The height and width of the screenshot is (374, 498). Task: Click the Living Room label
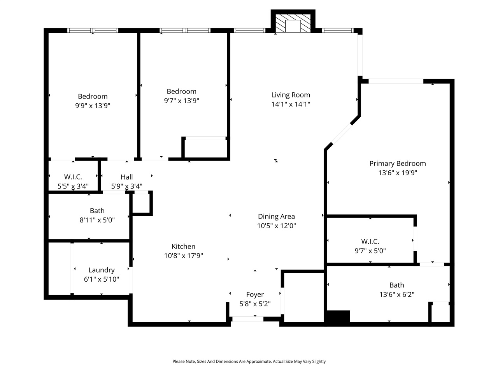(x=291, y=95)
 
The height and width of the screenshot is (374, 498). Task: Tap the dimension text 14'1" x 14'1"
(x=291, y=104)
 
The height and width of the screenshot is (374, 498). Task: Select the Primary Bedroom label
(x=397, y=164)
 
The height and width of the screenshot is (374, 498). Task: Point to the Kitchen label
(x=183, y=247)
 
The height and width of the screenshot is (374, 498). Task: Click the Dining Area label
(x=276, y=217)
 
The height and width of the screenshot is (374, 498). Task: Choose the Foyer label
(x=255, y=295)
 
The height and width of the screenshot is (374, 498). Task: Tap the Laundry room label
(x=101, y=270)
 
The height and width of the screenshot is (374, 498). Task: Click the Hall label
(x=126, y=177)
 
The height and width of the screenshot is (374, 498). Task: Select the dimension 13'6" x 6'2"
(x=396, y=295)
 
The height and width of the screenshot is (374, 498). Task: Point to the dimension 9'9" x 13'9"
(x=93, y=106)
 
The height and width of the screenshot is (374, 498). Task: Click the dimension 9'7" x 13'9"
(x=181, y=101)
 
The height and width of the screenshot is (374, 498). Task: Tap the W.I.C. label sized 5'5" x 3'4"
(x=73, y=177)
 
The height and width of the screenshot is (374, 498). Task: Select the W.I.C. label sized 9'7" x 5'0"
(x=370, y=242)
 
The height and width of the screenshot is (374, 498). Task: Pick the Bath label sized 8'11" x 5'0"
(x=97, y=211)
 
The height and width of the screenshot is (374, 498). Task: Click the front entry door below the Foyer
(x=247, y=319)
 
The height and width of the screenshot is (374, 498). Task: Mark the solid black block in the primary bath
(x=338, y=316)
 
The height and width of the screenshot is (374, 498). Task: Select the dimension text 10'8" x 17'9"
(x=183, y=256)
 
